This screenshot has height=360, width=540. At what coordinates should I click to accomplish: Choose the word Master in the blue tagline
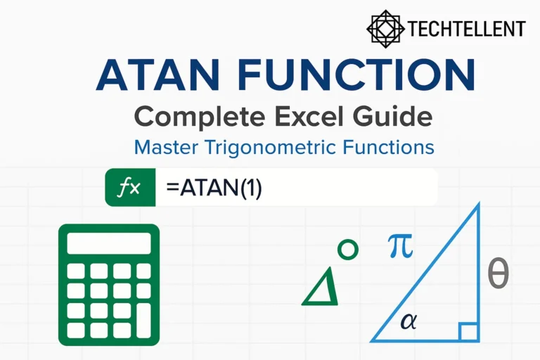point(164,148)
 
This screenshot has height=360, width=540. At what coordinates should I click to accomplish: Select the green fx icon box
point(129,188)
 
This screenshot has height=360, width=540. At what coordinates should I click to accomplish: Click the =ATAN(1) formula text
point(214,188)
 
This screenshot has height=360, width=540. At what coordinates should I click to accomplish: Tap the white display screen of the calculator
point(109,243)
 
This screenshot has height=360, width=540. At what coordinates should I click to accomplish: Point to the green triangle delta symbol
point(321,287)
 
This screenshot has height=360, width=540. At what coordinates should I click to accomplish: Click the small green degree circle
point(347,249)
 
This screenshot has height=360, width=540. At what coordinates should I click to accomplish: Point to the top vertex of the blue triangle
point(478,205)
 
